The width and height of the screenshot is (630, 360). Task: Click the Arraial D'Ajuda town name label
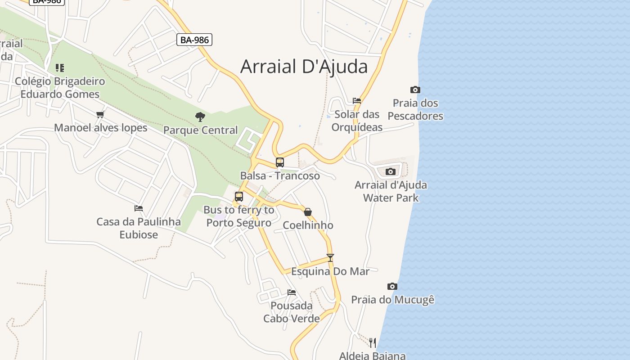click(304, 66)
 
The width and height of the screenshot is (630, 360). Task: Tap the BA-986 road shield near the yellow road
click(194, 40)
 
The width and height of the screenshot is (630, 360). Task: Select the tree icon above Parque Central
click(200, 117)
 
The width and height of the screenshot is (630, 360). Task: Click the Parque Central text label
click(200, 130)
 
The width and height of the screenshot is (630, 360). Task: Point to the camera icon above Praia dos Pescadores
click(415, 90)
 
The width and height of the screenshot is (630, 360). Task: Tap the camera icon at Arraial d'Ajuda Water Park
click(391, 171)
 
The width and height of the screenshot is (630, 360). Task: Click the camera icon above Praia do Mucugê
click(392, 286)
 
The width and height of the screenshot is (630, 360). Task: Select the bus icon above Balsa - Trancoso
click(280, 162)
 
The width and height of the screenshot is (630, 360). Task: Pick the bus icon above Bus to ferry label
click(239, 197)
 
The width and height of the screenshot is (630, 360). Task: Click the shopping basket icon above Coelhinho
click(308, 212)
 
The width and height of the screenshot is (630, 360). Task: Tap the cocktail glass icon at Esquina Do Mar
click(330, 258)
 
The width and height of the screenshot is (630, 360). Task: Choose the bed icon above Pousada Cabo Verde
click(292, 292)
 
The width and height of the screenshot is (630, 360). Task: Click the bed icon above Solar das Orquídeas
click(357, 101)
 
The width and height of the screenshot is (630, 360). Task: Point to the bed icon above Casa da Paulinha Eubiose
click(139, 208)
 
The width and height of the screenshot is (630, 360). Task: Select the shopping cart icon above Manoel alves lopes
click(100, 114)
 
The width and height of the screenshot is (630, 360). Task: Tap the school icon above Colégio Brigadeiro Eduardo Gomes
click(60, 68)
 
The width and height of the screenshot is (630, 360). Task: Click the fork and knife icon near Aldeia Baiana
click(373, 343)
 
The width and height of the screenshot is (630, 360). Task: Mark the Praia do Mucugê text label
click(393, 300)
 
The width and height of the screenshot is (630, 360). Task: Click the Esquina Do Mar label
click(330, 271)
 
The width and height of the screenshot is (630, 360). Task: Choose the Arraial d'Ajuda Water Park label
click(391, 191)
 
